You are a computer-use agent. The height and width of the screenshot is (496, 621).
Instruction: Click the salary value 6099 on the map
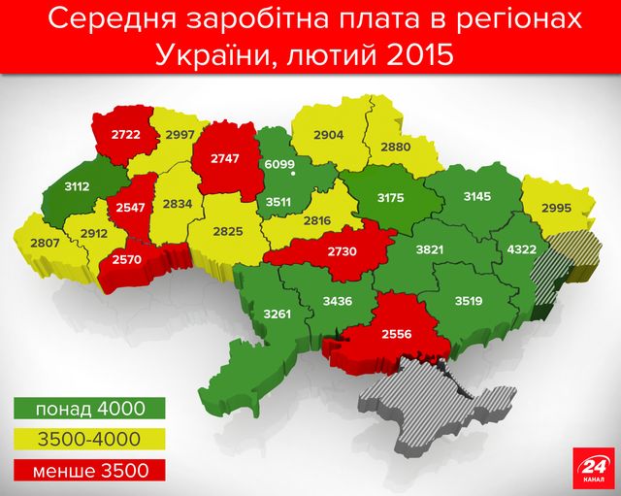click(279, 164)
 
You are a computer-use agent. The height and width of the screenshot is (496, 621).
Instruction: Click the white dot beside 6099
click(293, 176)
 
